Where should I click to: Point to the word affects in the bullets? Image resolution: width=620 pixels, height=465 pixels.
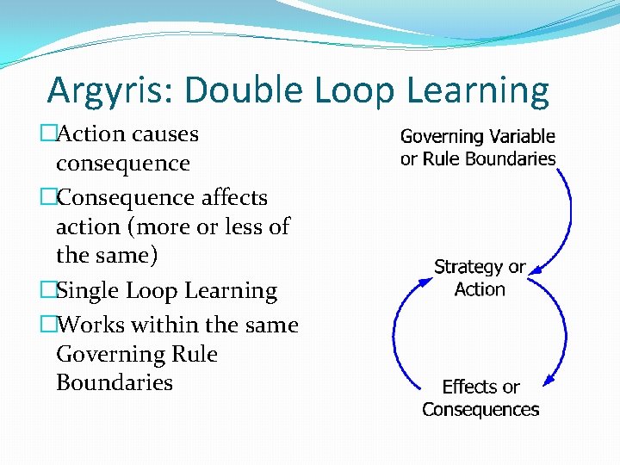(234, 197)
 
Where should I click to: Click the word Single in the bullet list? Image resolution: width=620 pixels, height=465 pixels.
(87, 291)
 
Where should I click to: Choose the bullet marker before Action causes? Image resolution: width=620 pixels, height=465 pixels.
(47, 134)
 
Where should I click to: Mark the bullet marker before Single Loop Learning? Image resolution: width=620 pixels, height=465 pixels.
(47, 291)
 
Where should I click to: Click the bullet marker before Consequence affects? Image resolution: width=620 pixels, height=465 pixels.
(47, 197)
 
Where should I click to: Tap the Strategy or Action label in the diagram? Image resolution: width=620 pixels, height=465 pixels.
(480, 277)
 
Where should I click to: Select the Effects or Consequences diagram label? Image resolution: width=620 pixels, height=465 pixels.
(480, 398)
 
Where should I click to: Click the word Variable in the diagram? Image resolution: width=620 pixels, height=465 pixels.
(522, 136)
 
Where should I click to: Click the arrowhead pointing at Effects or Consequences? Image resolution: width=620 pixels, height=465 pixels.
(549, 379)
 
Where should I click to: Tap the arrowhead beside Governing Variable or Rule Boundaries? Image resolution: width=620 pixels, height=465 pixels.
(561, 173)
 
